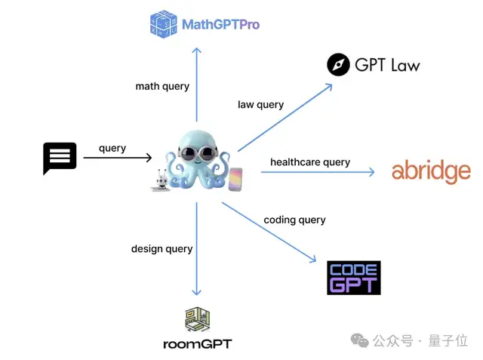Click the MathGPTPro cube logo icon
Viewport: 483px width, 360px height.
tap(163, 24)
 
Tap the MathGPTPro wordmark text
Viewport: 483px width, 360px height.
tap(220, 25)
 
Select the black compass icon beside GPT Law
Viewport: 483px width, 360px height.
tap(339, 65)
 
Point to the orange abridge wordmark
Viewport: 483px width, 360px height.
tap(431, 172)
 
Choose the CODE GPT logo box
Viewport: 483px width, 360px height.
tap(353, 277)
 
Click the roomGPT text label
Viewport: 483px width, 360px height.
tap(197, 344)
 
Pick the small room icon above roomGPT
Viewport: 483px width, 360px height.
tap(197, 319)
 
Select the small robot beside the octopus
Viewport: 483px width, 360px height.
tap(161, 181)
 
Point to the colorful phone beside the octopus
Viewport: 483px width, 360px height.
tap(235, 179)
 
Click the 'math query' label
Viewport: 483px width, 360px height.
tap(162, 86)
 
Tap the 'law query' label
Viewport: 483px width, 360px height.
tap(260, 104)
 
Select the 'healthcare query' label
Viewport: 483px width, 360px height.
tap(310, 162)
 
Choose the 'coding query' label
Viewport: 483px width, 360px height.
tap(294, 220)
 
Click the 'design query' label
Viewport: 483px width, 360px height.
tap(162, 248)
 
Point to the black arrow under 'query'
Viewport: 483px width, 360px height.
tap(117, 158)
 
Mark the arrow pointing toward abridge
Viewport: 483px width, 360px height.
tap(317, 173)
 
